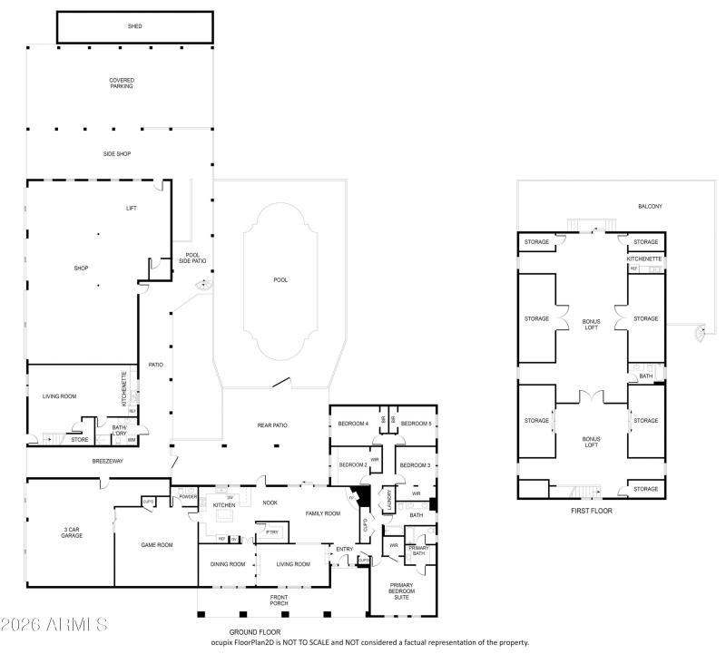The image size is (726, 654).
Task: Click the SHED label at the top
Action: [134, 26]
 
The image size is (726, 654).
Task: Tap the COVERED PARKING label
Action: [122, 83]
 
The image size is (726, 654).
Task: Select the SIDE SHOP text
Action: [116, 154]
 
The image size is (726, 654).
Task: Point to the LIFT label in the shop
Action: [131, 209]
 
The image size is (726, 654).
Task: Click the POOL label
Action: [280, 280]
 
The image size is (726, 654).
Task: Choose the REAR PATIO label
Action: [271, 425]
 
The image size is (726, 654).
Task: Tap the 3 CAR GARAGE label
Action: [72, 532]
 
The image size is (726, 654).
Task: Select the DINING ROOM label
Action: [227, 564]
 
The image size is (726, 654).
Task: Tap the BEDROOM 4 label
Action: [353, 424]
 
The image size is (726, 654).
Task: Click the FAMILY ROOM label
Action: [322, 513]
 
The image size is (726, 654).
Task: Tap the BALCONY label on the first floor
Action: [650, 207]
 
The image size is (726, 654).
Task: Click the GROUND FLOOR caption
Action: [255, 632]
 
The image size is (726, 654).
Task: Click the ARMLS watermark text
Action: [54, 625]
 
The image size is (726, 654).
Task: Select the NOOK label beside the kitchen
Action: [270, 502]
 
